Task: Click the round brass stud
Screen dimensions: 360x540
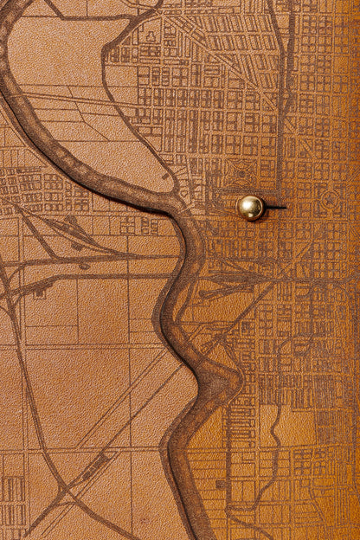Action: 251,207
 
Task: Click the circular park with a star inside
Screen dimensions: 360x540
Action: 330,198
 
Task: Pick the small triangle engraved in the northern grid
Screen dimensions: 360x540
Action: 151,37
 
